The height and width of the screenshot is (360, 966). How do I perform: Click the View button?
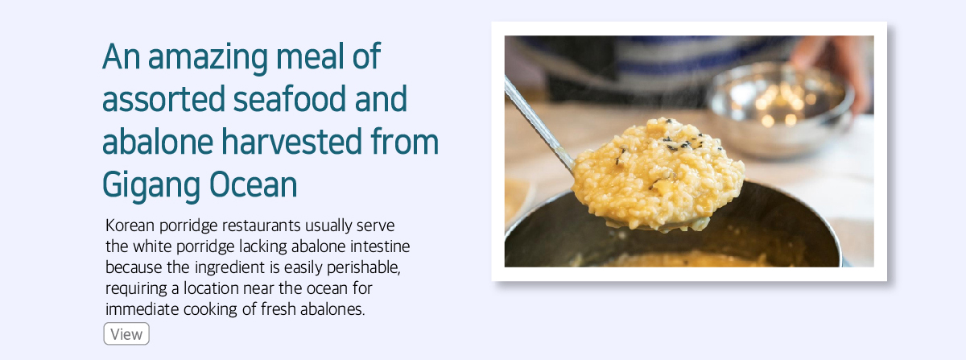coord(126,333)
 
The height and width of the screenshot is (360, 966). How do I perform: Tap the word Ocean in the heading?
coord(254,184)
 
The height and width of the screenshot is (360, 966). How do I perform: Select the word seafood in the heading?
coord(290,98)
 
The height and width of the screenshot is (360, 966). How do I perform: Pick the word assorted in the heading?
coord(163,99)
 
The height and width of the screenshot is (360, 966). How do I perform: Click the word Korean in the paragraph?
coord(130,226)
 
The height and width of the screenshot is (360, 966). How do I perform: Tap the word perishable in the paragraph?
coord(364,267)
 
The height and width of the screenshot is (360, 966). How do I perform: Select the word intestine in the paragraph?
coord(380,246)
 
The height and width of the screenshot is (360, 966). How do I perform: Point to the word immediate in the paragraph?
coord(142,309)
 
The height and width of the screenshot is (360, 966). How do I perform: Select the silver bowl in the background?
coord(780,109)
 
